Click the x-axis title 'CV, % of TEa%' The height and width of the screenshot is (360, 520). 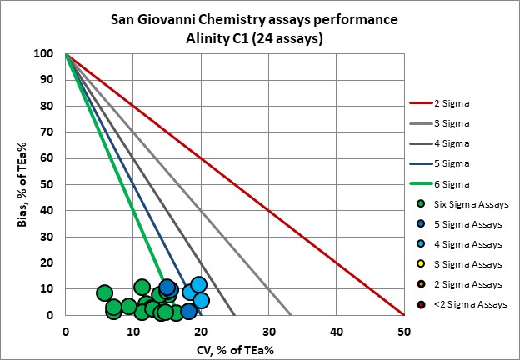(x=235, y=348)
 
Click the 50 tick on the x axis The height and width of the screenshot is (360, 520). (x=403, y=330)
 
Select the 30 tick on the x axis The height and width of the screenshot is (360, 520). (x=268, y=330)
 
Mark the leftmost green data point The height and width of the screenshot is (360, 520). (x=104, y=292)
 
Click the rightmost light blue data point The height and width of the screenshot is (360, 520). (x=201, y=300)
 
